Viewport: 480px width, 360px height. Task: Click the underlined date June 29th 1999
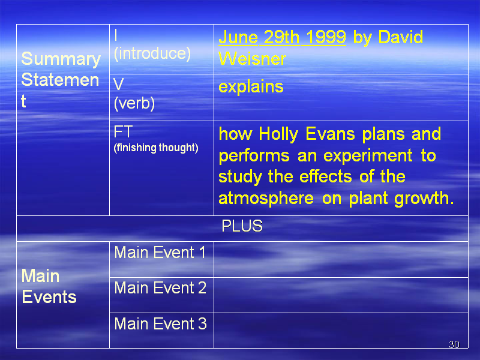[x=282, y=37]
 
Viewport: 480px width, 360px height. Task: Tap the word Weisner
[x=252, y=59]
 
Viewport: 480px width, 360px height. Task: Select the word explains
[x=251, y=87]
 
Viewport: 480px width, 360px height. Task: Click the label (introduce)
[x=152, y=53]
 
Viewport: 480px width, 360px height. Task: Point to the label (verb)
[x=134, y=103]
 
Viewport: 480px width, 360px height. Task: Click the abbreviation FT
[x=123, y=132]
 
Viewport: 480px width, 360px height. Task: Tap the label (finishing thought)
[x=156, y=148]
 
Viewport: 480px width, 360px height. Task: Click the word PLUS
[x=242, y=226]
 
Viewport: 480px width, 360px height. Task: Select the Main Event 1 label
[x=160, y=253]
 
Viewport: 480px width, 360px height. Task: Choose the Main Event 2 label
[x=160, y=288]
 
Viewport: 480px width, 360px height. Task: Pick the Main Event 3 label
[x=160, y=323]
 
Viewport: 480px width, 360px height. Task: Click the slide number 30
[x=454, y=344]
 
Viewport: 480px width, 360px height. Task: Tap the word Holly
[x=278, y=134]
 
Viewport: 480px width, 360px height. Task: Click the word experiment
[x=368, y=155]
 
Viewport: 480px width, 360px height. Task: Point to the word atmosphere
[x=266, y=198]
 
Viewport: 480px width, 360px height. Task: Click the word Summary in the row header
[x=61, y=59]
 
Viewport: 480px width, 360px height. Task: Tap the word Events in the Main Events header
[x=49, y=297]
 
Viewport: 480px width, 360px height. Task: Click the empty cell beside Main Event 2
[x=341, y=295]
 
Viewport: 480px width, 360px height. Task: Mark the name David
[x=400, y=37]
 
